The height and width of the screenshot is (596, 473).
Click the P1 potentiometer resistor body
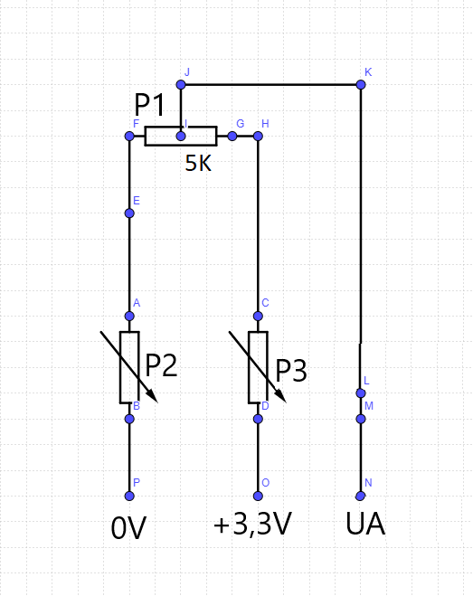pos(181,137)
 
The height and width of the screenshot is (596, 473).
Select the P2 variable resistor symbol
pos(129,367)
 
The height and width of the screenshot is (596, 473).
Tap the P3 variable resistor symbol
pos(258,367)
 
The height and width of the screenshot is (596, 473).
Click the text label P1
pos(149,106)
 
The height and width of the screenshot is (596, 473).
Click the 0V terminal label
pos(128,529)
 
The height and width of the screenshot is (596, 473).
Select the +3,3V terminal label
pos(252,525)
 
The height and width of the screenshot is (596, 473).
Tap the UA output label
pos(365,525)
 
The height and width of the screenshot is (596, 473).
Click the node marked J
pos(181,85)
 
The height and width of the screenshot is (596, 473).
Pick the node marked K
pos(361,85)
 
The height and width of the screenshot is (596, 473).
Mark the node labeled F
pos(129,137)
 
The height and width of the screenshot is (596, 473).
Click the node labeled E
pos(129,213)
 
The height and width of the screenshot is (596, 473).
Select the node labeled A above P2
pos(129,317)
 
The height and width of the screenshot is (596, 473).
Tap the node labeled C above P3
pos(258,317)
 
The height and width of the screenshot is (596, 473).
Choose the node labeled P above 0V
pos(129,496)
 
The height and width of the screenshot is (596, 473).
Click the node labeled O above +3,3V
pos(258,496)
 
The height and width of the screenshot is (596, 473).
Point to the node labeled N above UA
pos(361,496)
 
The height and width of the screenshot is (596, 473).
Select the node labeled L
pos(361,393)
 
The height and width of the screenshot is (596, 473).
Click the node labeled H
pos(258,137)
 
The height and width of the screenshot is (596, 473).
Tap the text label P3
pos(291,371)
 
